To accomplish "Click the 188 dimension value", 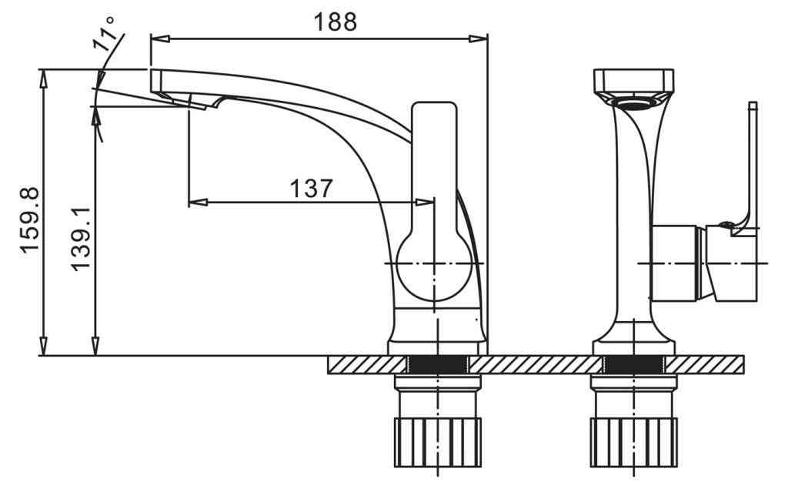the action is click(336, 22).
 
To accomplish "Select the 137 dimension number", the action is click(311, 189).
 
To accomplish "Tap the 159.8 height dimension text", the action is click(30, 219).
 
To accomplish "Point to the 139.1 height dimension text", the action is click(80, 239).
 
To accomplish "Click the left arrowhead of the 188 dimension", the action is click(160, 39).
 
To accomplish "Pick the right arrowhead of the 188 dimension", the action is click(478, 39).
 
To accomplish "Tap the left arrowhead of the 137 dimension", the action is click(198, 203).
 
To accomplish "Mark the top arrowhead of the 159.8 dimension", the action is click(44, 79).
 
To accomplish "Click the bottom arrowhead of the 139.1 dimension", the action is click(95, 346).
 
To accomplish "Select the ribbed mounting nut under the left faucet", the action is click(437, 442).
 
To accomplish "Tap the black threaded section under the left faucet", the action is click(437, 365).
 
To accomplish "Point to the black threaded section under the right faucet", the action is click(634, 365).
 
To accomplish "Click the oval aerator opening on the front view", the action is click(634, 104).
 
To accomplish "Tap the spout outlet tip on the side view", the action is click(190, 104).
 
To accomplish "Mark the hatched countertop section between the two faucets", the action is click(536, 365).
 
